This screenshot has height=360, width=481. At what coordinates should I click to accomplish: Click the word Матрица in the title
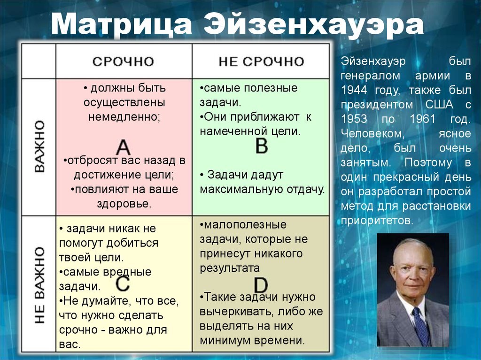click(122, 24)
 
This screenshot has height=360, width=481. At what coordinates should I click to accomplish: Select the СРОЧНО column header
click(123, 61)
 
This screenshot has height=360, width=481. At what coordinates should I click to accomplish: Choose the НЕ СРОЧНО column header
click(261, 61)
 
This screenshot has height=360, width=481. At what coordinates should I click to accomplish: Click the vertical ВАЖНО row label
click(39, 146)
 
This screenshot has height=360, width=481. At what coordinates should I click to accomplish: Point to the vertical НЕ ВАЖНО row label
click(39, 284)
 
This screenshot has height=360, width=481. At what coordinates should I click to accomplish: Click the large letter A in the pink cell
click(123, 147)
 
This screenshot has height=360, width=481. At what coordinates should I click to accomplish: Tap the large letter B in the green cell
click(261, 146)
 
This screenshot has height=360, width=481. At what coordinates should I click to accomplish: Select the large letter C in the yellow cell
click(123, 283)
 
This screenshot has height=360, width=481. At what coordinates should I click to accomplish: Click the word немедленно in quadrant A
click(124, 117)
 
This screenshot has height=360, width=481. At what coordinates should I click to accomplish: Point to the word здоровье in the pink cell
click(124, 204)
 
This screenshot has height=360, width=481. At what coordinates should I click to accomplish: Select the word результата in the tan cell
click(230, 268)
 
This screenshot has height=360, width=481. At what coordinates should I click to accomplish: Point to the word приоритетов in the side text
click(377, 220)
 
